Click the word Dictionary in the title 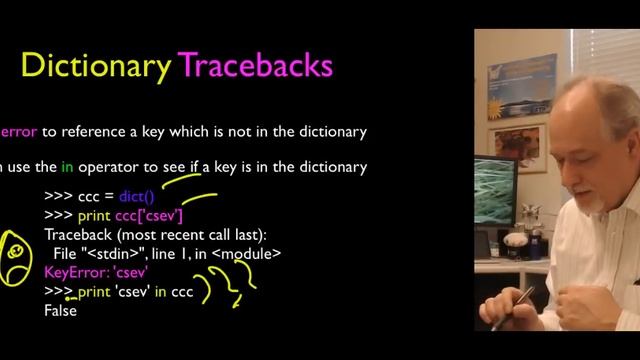(x=96, y=66)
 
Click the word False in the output (x=60, y=310)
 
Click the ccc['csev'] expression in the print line (x=149, y=215)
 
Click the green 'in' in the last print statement (x=160, y=291)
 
